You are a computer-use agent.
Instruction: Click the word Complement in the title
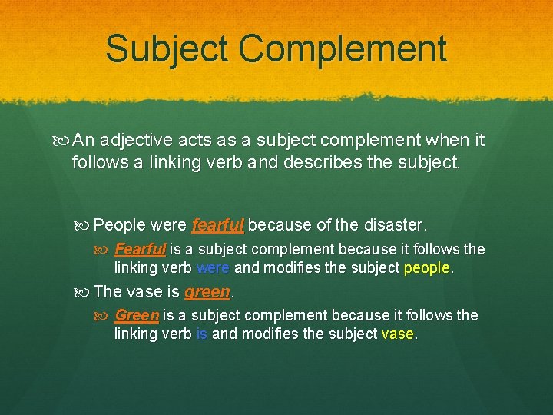point(343,49)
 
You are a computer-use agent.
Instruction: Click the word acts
point(198,141)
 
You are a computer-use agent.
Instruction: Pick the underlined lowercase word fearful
point(218,225)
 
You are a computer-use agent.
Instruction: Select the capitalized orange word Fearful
point(140,249)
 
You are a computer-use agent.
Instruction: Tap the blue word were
point(214,268)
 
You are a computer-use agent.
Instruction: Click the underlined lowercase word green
point(207,292)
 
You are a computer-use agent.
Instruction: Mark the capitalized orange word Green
point(137,315)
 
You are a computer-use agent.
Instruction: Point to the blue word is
point(202,334)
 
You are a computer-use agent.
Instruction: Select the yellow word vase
point(397,334)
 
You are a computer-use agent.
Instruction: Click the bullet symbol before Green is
point(104,316)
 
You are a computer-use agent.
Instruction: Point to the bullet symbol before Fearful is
point(104,250)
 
